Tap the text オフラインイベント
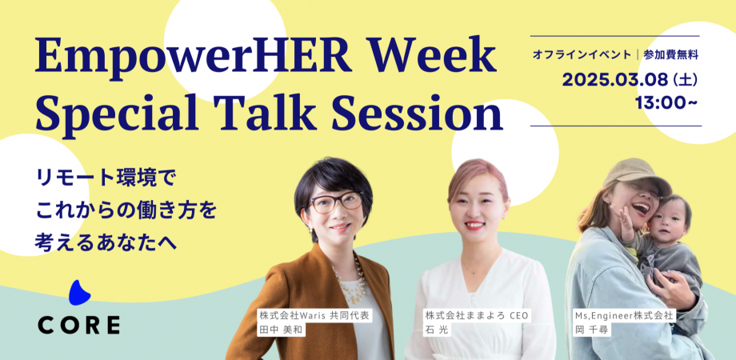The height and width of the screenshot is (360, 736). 580,55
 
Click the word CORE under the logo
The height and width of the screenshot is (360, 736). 78,325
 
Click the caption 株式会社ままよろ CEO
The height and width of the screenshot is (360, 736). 477,316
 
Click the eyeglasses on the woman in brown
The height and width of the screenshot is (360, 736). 336,202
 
